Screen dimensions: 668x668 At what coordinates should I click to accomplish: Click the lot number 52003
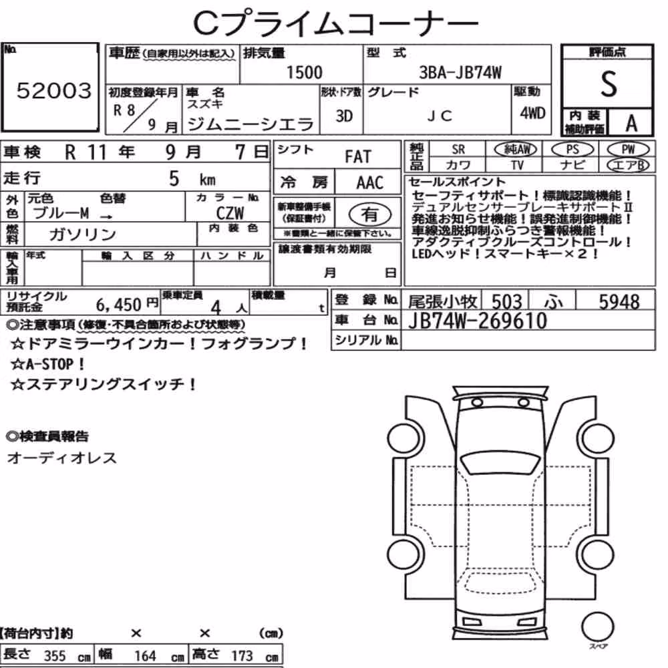pyautogui.click(x=54, y=90)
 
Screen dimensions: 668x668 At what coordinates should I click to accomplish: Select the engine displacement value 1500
pyautogui.click(x=304, y=72)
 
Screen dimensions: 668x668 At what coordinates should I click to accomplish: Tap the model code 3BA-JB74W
pyautogui.click(x=460, y=72)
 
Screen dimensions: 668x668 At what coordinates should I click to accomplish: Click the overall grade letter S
pyautogui.click(x=609, y=84)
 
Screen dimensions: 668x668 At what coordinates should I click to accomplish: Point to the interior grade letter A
pyautogui.click(x=631, y=124)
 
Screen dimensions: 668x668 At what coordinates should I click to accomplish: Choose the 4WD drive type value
pyautogui.click(x=532, y=113)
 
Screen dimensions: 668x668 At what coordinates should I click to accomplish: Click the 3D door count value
pyautogui.click(x=344, y=116)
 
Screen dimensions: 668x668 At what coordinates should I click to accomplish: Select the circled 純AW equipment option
pyautogui.click(x=516, y=149)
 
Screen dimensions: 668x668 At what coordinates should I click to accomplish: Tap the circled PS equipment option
pyautogui.click(x=572, y=149)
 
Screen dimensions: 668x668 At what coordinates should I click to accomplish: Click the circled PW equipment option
pyautogui.click(x=628, y=149)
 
